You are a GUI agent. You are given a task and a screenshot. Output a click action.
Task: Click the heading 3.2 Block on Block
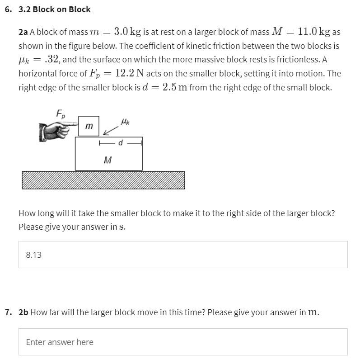click(x=54, y=9)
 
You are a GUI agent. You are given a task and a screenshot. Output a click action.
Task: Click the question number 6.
click(x=8, y=9)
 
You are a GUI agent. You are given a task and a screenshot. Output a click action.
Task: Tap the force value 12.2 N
click(x=131, y=73)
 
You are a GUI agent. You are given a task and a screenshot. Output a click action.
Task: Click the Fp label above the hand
click(x=60, y=113)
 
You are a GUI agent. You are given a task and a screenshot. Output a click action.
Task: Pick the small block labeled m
click(x=89, y=126)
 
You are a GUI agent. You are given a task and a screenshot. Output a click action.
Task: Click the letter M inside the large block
click(x=108, y=160)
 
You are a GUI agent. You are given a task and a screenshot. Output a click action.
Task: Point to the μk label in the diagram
click(x=125, y=121)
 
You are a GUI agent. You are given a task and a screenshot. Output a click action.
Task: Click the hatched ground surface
click(x=103, y=180)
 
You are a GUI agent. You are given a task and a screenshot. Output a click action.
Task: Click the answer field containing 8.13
click(x=183, y=255)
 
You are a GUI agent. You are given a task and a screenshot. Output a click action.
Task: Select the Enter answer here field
click(x=183, y=342)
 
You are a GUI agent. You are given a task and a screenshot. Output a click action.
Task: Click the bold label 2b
click(x=23, y=312)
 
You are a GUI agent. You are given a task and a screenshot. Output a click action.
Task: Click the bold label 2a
click(x=23, y=32)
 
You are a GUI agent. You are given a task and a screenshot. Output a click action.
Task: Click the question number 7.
click(x=8, y=312)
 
